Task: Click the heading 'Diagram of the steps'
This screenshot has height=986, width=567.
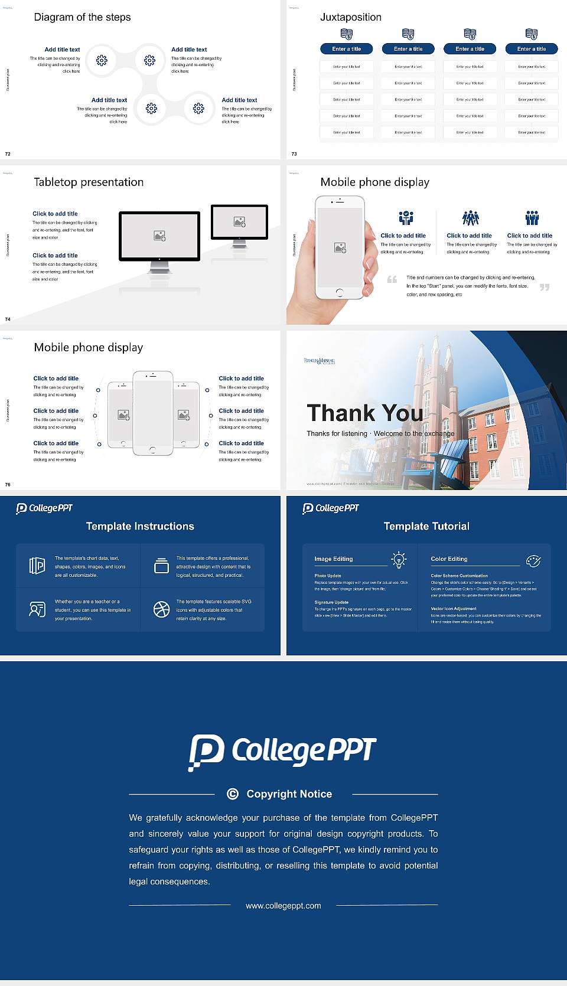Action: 82,17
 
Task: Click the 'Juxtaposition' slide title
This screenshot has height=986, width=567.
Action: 350,17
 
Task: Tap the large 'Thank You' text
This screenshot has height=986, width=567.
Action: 364,413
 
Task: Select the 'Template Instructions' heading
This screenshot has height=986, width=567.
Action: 140,526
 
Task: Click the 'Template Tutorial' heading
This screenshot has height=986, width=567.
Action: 426,526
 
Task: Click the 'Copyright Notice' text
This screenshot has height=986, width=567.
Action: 289,794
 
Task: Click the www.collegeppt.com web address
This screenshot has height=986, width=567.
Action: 283,906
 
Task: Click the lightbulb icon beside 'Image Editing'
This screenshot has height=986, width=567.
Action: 399,560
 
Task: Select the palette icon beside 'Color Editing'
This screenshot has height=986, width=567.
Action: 533,560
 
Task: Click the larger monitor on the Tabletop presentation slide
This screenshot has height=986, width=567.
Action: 159,236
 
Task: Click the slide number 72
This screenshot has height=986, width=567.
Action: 8,154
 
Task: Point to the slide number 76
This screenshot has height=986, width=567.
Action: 8,484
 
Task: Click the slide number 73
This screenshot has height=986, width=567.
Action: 294,154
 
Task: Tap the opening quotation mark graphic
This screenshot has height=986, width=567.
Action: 392,279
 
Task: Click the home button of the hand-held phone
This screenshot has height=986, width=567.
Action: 339,292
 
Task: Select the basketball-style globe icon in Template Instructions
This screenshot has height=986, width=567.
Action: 161,609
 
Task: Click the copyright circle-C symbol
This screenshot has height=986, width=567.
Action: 233,794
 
